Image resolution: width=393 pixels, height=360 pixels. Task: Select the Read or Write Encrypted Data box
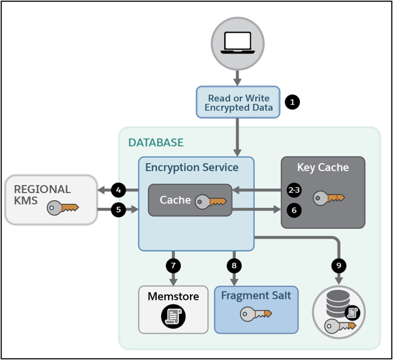coord(238,103)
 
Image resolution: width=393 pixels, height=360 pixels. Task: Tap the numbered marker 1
coord(293,102)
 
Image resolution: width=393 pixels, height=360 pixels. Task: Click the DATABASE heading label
coord(156,143)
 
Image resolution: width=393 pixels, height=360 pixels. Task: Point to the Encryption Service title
coord(192,167)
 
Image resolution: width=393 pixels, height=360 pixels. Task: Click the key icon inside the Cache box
coord(211,201)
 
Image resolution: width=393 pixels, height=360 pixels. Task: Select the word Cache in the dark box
coord(175,200)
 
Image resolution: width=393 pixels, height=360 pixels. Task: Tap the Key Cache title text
coord(323,167)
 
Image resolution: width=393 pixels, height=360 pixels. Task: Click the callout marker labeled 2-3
coord(294,190)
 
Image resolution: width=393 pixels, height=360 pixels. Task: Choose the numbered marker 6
coord(294,210)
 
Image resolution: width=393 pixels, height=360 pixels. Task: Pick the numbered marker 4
coord(118,190)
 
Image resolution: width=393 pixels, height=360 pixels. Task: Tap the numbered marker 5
coord(118,208)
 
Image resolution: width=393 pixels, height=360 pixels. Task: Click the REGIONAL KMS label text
coord(42,195)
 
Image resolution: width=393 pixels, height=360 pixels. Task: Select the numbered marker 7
coord(173,266)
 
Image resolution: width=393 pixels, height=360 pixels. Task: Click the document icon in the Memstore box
coord(173,316)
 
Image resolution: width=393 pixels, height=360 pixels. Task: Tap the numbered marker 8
coord(234,266)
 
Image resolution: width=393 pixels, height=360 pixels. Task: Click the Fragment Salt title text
coord(256,296)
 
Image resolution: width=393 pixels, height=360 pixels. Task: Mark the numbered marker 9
coord(338,266)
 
